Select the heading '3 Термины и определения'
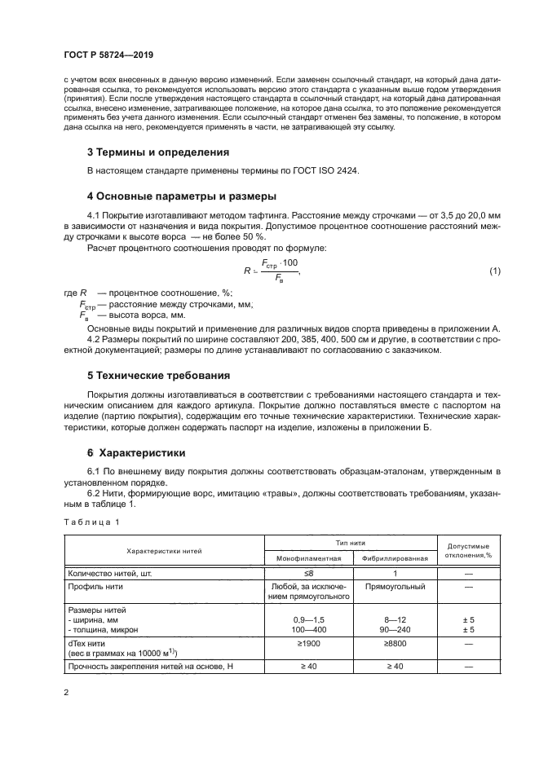(158, 152)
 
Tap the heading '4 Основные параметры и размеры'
(182, 196)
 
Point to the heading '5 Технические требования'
(159, 376)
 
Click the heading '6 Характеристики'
(136, 451)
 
